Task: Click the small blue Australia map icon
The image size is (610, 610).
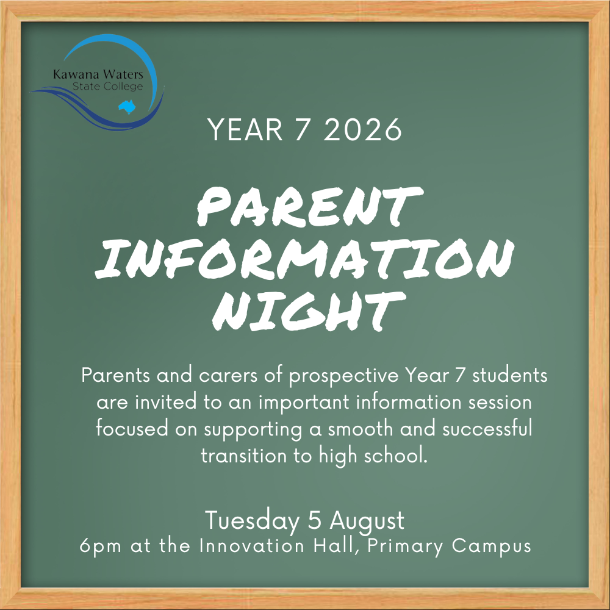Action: click(127, 107)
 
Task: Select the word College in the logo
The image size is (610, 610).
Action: click(123, 87)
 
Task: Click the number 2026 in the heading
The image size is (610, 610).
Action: click(362, 129)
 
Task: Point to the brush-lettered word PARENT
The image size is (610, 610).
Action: click(310, 207)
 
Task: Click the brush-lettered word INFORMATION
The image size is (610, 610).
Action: click(304, 259)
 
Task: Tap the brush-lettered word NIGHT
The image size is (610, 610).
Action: click(309, 311)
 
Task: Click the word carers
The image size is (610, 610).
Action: click(228, 376)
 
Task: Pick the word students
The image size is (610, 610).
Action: click(509, 375)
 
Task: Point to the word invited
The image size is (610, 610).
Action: click(166, 402)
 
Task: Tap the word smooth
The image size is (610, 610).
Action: click(361, 429)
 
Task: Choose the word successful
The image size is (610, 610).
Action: click(487, 428)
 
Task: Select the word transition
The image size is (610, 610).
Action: click(243, 456)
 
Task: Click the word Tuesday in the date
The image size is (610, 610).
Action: click(252, 522)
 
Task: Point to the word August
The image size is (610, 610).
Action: click(367, 522)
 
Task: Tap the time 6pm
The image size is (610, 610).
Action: click(101, 546)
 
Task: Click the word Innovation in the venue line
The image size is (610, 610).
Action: click(252, 545)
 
